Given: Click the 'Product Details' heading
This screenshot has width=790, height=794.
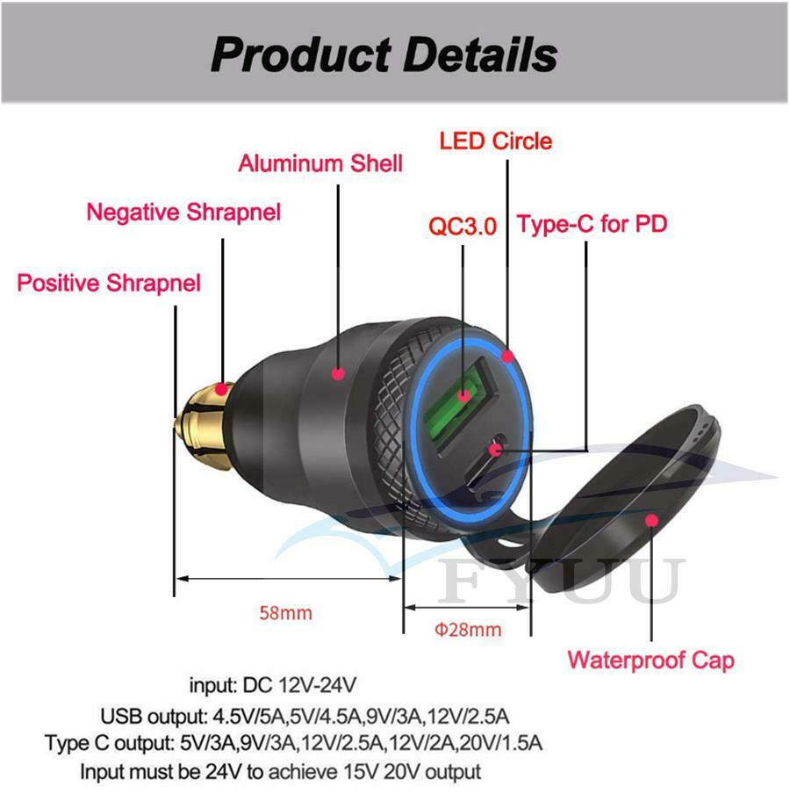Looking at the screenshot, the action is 384,54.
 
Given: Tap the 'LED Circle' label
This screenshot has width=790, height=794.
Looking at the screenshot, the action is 495,141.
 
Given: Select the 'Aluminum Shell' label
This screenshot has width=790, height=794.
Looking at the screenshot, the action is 320,163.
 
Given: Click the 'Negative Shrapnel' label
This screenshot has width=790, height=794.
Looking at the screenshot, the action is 183,213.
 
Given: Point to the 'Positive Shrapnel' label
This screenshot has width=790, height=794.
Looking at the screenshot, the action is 109,283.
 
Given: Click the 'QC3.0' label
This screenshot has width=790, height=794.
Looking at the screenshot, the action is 463,226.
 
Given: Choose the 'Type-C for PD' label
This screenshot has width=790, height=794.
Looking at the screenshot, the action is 592,224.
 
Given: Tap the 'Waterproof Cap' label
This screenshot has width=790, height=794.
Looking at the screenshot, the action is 650,660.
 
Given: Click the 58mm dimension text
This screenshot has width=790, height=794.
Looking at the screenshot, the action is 285,613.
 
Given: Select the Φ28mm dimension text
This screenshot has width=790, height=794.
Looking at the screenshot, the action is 468,630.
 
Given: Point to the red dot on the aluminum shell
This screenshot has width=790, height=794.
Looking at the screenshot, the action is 338,373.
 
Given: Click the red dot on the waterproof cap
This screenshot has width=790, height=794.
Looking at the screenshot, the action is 652,521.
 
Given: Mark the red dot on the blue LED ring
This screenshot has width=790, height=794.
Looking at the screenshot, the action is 507,357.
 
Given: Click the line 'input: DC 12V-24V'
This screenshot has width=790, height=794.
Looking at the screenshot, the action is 273,686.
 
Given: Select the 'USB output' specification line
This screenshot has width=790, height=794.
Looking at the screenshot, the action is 305,717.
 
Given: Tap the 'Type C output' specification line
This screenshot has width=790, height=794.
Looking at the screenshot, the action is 293,743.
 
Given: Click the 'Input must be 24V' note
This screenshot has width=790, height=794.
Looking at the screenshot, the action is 280,772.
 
